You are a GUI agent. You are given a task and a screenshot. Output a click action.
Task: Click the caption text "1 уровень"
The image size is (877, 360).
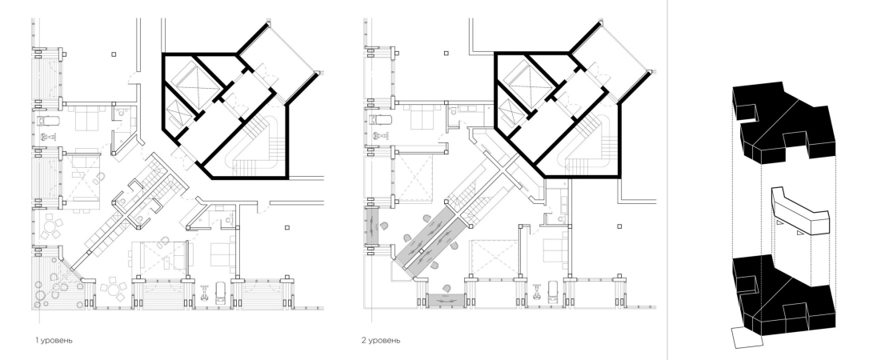pyautogui.click(x=54, y=340)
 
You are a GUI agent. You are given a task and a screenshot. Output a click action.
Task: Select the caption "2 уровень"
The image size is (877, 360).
pyautogui.click(x=381, y=340)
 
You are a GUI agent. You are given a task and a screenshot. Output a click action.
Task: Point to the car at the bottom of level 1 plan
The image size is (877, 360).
pyautogui.click(x=222, y=292)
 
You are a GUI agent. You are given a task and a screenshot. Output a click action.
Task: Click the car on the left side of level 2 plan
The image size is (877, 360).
pyautogui.click(x=379, y=120)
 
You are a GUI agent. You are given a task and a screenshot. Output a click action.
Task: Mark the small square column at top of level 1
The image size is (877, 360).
pyautogui.click(x=114, y=54)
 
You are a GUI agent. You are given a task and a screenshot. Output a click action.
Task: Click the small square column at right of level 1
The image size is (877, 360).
pyautogui.click(x=287, y=227)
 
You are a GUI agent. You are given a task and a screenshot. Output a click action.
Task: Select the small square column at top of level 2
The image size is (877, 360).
pyautogui.click(x=446, y=54)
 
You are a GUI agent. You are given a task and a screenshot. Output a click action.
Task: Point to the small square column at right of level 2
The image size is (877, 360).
pyautogui.click(x=619, y=226)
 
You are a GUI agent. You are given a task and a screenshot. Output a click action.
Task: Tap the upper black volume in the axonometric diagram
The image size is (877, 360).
pyautogui.click(x=783, y=123)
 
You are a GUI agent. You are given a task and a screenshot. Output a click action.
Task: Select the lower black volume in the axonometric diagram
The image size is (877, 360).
pyautogui.click(x=783, y=296)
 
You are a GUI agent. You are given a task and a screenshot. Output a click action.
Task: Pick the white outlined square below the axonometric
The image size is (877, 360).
pyautogui.click(x=748, y=338)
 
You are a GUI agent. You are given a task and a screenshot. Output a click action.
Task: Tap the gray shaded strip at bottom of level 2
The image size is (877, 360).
pyautogui.click(x=447, y=301)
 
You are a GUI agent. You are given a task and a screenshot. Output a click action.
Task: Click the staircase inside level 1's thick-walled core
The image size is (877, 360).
pyautogui.click(x=253, y=146)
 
